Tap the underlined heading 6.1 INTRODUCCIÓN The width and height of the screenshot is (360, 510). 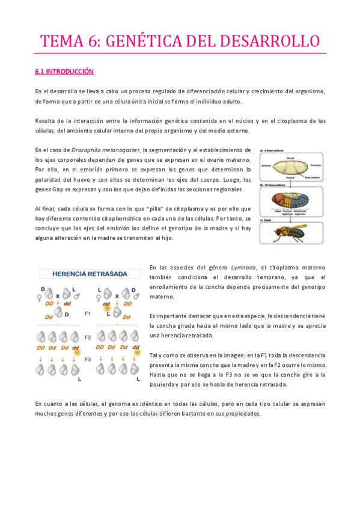click(x=64, y=72)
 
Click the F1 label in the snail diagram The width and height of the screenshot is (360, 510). click(x=88, y=313)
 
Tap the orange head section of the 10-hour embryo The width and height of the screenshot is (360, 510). click(x=277, y=201)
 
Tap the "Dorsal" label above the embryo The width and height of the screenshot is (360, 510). click(x=291, y=158)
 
